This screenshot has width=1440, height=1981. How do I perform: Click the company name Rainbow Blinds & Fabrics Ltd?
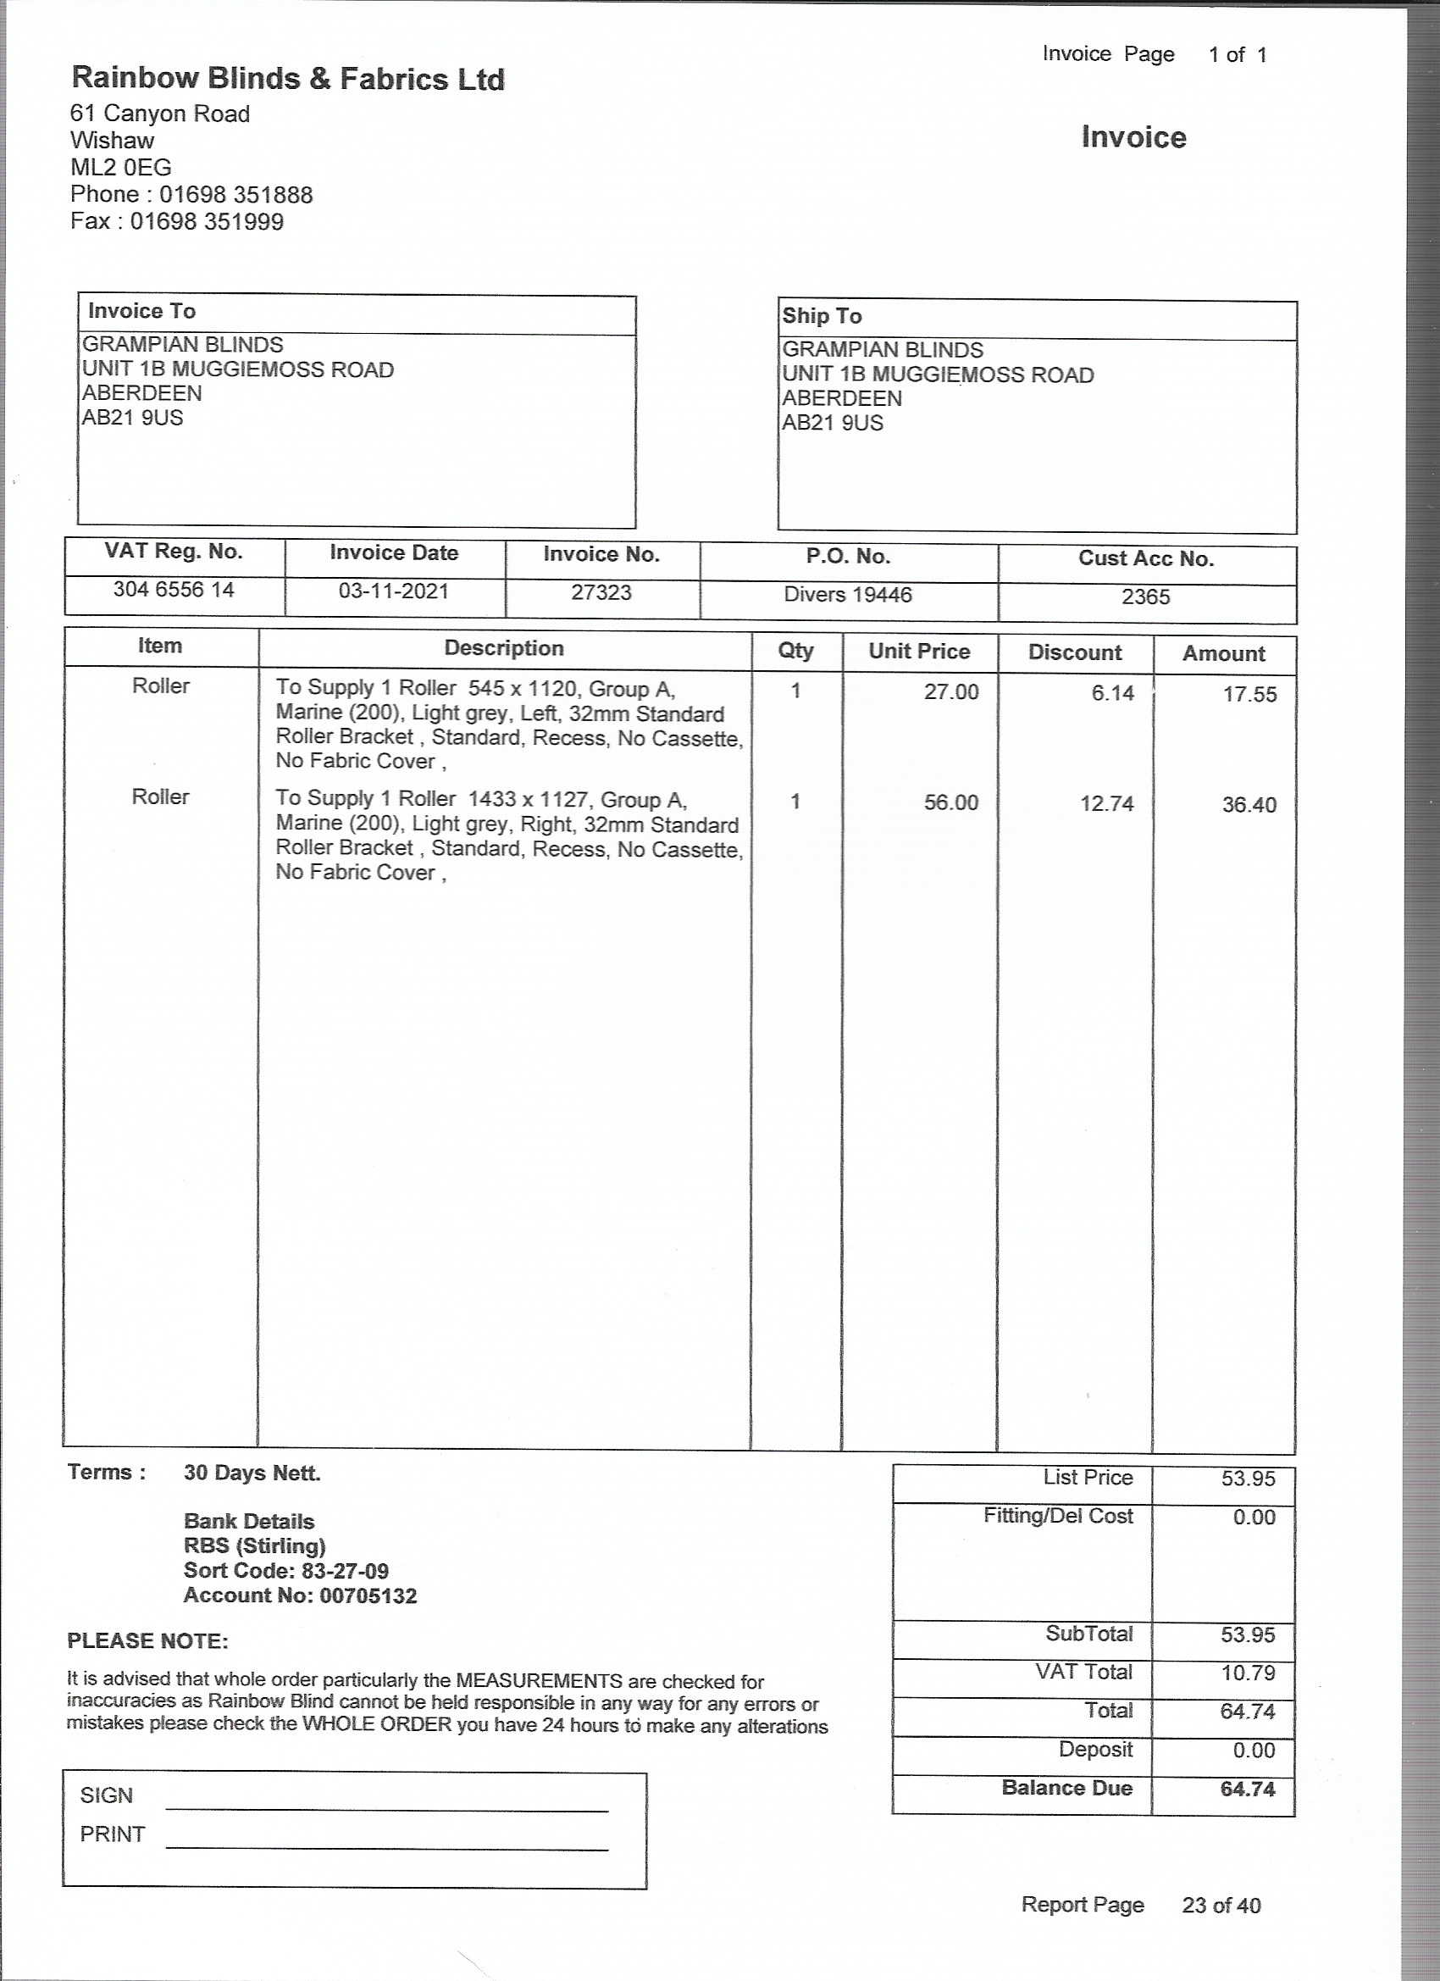click(x=287, y=80)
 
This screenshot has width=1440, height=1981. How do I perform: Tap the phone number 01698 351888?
click(x=235, y=195)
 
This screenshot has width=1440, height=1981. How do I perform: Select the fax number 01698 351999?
click(x=207, y=222)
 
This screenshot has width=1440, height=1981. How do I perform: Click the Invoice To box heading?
click(x=141, y=312)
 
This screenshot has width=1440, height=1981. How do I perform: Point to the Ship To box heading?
click(x=822, y=316)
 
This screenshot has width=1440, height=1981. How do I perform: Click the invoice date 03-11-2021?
click(x=394, y=591)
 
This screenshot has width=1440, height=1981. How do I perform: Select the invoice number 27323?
click(x=601, y=593)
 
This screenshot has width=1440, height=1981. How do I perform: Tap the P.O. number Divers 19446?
click(x=848, y=595)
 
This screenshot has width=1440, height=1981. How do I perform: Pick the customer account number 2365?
click(x=1146, y=597)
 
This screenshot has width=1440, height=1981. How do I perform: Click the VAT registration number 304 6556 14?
click(x=174, y=590)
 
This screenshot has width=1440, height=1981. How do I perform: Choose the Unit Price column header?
click(x=919, y=652)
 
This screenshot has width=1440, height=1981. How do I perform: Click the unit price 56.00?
click(x=951, y=802)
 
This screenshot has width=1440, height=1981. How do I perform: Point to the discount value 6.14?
click(x=1112, y=694)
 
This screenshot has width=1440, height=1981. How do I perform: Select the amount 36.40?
click(x=1249, y=805)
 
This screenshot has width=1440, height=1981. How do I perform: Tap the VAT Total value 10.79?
click(x=1248, y=1673)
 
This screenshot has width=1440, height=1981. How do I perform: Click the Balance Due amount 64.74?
click(x=1248, y=1789)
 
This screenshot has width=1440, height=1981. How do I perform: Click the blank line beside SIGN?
click(x=386, y=1805)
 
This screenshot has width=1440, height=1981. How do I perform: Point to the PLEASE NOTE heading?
click(x=147, y=1641)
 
